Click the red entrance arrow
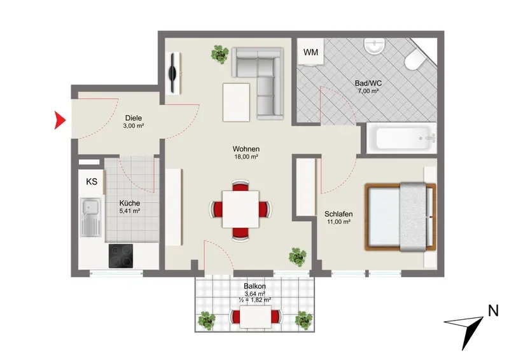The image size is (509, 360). tap(59, 120)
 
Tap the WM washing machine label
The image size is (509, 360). tap(310, 52)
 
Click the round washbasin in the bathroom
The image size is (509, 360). tap(374, 46)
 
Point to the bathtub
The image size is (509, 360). tap(401, 138)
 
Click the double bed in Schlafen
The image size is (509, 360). tap(400, 217)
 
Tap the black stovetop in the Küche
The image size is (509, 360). tap(121, 256)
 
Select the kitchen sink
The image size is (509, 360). tap(90, 216)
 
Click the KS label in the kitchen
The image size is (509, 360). tap(92, 181)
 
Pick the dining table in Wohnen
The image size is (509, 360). tap(241, 209)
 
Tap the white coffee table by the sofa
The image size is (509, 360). tap(236, 102)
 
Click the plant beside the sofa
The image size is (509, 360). tap(220, 53)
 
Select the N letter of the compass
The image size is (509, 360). tap(493, 311)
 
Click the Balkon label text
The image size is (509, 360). tap(255, 286)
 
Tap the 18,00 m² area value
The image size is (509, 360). tap(246, 157)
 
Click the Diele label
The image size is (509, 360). tap(134, 118)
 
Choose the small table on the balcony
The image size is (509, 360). tap(256, 317)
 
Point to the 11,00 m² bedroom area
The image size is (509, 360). tap(338, 222)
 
